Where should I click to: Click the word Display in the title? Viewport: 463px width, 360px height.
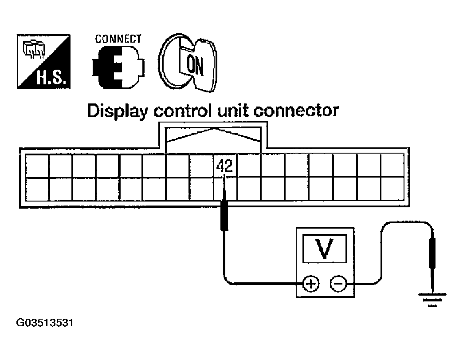(117, 111)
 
